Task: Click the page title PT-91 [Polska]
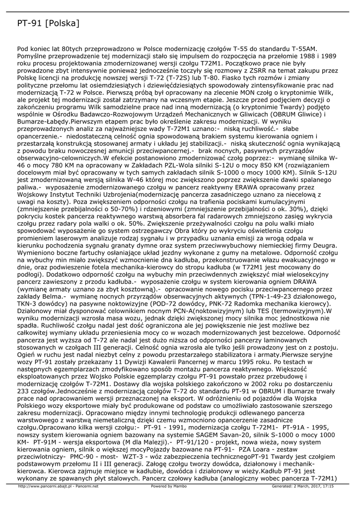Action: pyautogui.click(x=48, y=23)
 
